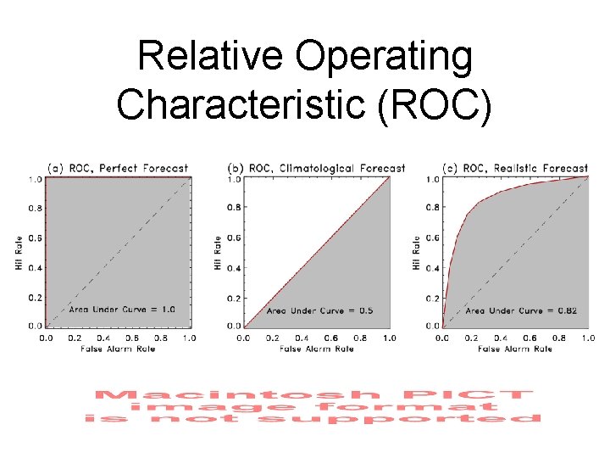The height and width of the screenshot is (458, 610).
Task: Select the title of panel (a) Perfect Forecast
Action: coord(118,168)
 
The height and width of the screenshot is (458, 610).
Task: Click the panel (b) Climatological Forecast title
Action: coord(317,168)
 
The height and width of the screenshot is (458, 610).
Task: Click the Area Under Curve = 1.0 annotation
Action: coord(122,310)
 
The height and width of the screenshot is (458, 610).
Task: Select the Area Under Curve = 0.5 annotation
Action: coord(320,310)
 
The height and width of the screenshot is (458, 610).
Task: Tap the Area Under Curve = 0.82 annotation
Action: coord(521,310)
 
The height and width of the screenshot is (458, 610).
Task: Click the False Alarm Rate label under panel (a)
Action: coord(118,349)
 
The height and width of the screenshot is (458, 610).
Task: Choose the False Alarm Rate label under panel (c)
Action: coord(515,349)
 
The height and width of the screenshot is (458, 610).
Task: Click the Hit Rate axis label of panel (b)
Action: coord(218,253)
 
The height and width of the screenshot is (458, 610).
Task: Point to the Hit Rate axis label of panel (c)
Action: coord(417,253)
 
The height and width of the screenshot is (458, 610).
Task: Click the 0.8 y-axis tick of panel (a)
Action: coord(36,209)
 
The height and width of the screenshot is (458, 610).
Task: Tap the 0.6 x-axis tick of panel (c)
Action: coord(530,338)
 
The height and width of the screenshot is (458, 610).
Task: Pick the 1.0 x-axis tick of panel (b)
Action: coord(389,338)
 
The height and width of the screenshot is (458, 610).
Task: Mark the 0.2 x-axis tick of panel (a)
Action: coord(75,338)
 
